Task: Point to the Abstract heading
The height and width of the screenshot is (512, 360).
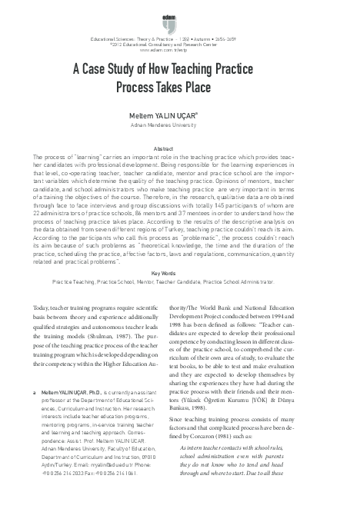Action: (179, 148)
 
